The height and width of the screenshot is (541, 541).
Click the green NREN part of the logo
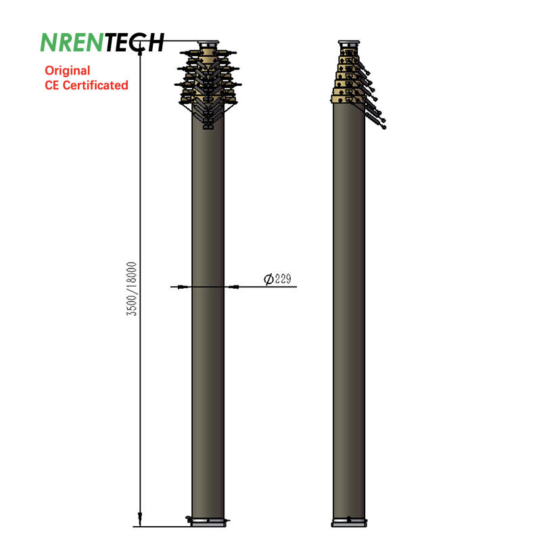click(72, 43)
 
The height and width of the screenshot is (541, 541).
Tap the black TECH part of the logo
click(134, 43)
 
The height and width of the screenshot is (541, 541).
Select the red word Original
click(67, 70)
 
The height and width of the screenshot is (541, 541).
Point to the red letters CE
click(52, 85)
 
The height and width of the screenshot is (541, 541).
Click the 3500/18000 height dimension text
click(131, 289)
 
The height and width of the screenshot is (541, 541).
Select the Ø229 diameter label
click(277, 279)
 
